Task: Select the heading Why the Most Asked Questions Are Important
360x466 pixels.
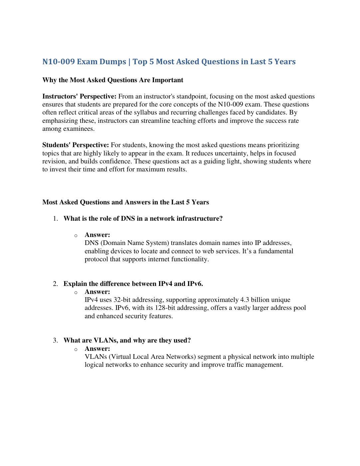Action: pyautogui.click(x=113, y=80)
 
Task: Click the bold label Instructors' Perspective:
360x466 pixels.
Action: pyautogui.click(x=79, y=97)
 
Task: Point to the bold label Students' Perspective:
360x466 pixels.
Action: pyautogui.click(x=76, y=145)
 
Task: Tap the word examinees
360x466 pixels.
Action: pyautogui.click(x=80, y=129)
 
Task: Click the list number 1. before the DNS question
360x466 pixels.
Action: pyautogui.click(x=56, y=219)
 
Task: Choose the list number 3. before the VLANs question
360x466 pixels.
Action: pyautogui.click(x=56, y=341)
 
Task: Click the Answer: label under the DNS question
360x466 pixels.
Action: pyautogui.click(x=97, y=235)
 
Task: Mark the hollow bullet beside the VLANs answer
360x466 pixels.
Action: pyautogui.click(x=76, y=349)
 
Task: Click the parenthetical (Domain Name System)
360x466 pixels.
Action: pyautogui.click(x=137, y=243)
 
